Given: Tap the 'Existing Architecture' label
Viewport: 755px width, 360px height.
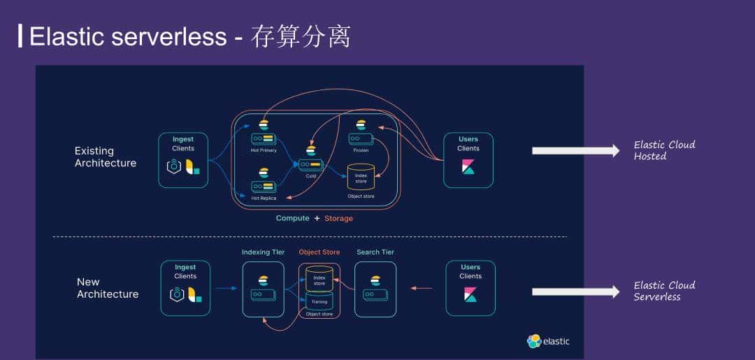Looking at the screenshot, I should [105, 157].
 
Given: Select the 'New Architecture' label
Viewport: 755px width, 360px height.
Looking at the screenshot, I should [107, 288].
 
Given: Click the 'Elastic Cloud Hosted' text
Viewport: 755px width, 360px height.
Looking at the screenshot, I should [664, 150].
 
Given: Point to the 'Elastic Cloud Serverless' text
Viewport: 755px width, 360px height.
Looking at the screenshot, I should [664, 291].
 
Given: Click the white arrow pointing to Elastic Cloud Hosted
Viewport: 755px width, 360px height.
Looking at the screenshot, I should [575, 150].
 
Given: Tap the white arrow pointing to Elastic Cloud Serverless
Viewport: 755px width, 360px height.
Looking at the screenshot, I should [575, 291].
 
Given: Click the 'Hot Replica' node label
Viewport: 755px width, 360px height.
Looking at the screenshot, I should [264, 199].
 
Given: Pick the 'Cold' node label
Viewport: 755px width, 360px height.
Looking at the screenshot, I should [310, 176].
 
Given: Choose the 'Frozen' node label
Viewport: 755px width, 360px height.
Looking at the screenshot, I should [361, 150].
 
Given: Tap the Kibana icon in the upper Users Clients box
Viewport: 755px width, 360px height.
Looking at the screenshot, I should [468, 167].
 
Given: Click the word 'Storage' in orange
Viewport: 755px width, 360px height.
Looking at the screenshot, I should [338, 219].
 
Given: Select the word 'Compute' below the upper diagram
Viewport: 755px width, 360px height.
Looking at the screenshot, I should [292, 218].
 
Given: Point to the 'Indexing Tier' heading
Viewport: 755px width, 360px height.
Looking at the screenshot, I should [263, 252].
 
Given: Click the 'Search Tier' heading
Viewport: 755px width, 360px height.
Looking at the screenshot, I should [375, 252].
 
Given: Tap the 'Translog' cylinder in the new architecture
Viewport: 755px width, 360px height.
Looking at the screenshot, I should [319, 301].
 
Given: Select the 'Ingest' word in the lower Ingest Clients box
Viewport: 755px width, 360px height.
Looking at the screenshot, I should [185, 267].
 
